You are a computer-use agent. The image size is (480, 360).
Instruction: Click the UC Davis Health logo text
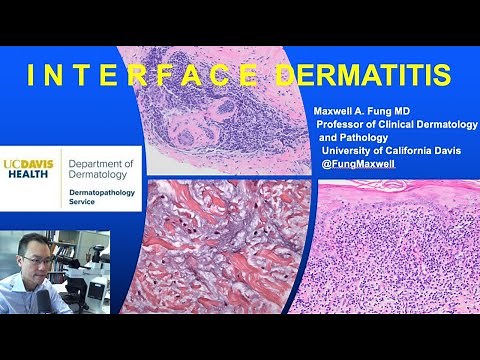pos(30,167)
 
